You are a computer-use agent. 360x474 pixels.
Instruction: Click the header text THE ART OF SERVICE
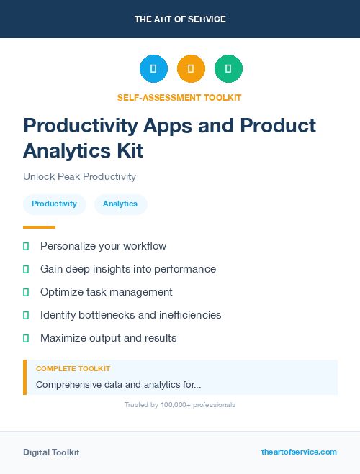180,19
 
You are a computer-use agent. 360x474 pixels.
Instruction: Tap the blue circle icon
153,68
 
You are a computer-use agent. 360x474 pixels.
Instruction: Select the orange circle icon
191,68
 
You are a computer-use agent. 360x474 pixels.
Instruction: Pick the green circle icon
228,68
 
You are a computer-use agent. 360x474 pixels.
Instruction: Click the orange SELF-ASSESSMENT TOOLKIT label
179,97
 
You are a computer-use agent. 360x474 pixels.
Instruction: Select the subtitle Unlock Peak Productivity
79,177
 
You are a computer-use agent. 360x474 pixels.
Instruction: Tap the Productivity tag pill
54,204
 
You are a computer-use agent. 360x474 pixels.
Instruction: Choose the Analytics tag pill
120,204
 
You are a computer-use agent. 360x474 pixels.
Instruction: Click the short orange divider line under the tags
39,227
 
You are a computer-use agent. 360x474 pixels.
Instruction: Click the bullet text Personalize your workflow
103,246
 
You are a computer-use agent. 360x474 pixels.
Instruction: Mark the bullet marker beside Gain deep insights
26,269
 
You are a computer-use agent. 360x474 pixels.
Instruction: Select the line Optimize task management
106,292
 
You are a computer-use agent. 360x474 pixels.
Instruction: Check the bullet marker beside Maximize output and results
26,338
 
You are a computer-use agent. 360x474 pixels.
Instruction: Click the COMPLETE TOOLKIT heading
73,368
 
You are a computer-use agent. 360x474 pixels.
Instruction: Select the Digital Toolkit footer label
51,452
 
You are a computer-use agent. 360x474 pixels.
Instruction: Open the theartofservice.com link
299,452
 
